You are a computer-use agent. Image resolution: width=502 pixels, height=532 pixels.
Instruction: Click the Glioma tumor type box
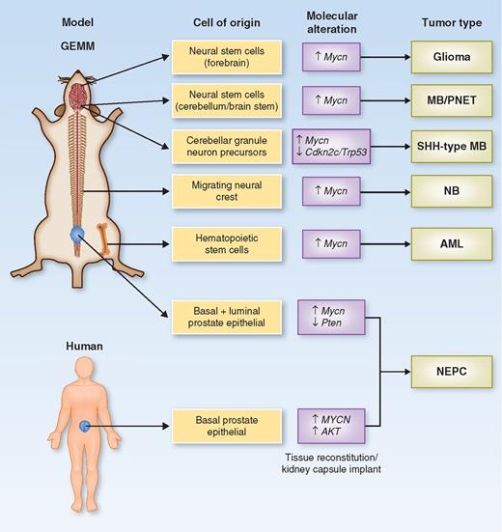pyautogui.click(x=450, y=56)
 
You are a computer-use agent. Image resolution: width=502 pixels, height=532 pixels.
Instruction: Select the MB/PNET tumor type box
pyautogui.click(x=450, y=100)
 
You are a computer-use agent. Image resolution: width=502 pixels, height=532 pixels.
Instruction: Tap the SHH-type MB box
pyautogui.click(x=450, y=146)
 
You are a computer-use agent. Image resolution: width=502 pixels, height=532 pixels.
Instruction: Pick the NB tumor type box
pyautogui.click(x=450, y=192)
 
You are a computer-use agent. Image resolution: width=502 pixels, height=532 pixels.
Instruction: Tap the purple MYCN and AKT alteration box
pyautogui.click(x=331, y=424)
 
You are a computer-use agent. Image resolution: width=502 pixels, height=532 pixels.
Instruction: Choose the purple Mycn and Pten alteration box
pyautogui.click(x=331, y=316)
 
